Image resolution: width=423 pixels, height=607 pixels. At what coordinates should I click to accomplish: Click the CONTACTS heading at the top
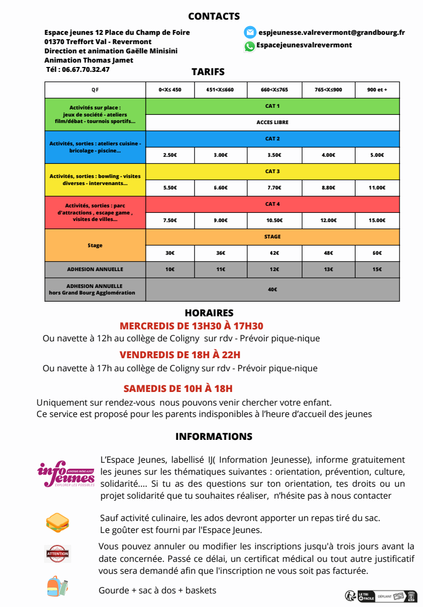click(x=214, y=16)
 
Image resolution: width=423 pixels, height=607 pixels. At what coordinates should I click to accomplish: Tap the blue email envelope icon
click(x=250, y=32)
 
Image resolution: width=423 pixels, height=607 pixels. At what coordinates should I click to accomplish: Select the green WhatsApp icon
click(x=250, y=46)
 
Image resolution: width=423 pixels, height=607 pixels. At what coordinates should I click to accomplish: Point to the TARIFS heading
click(x=208, y=72)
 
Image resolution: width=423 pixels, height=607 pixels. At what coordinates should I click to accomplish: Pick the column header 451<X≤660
click(x=220, y=89)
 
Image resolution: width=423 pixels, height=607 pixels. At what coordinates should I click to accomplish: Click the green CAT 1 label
click(x=272, y=106)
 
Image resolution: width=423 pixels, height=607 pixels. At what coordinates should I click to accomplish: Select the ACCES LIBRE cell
click(x=272, y=122)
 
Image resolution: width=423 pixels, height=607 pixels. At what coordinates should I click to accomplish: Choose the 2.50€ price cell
click(x=170, y=155)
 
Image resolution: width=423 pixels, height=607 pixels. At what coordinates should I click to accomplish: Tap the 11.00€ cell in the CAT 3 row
click(x=377, y=188)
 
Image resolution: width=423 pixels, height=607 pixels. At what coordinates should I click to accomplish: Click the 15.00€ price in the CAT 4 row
click(x=377, y=220)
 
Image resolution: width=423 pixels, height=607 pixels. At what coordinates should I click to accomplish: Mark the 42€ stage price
click(x=274, y=253)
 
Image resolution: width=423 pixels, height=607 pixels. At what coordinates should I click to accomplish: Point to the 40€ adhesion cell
click(x=272, y=290)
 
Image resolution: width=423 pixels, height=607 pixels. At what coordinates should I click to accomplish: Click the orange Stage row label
click(x=95, y=246)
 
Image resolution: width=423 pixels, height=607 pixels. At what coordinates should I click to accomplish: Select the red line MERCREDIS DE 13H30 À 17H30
click(x=191, y=326)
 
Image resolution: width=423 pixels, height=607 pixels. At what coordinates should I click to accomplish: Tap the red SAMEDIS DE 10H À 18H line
click(x=178, y=389)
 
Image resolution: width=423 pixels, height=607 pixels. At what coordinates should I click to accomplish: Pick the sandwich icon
click(x=57, y=523)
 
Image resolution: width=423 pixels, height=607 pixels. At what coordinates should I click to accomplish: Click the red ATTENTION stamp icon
click(x=58, y=554)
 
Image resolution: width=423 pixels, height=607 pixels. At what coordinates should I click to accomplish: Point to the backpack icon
click(x=57, y=586)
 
